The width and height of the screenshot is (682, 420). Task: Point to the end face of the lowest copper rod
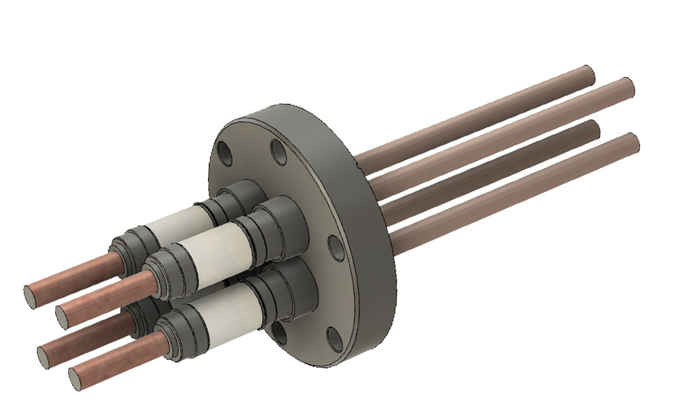click(x=76, y=378)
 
